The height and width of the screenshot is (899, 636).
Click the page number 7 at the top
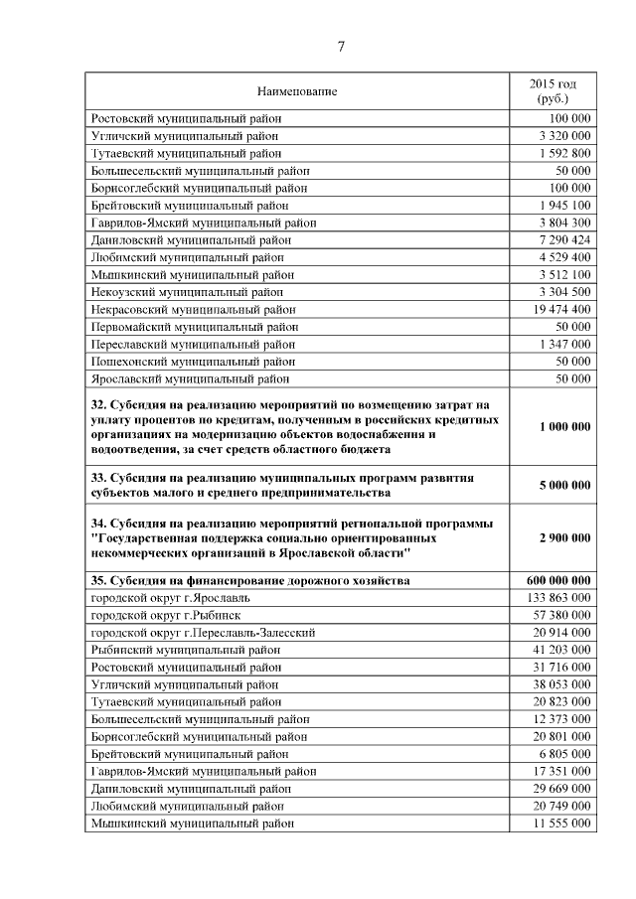point(341,47)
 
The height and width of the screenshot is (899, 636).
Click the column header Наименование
point(297,92)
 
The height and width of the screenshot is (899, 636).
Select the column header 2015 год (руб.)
point(552,92)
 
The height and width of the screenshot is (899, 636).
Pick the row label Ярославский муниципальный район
point(190,378)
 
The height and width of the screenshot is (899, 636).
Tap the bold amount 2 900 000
point(564,537)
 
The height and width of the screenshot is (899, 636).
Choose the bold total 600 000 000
point(558,580)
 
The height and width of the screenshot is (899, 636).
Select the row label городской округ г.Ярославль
point(170,598)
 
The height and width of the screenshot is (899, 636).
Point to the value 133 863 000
point(558,598)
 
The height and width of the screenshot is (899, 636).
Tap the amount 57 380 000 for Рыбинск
point(561,615)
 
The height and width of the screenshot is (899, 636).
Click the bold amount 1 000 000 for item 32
point(564,426)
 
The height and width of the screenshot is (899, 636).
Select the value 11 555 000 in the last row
point(561,824)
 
